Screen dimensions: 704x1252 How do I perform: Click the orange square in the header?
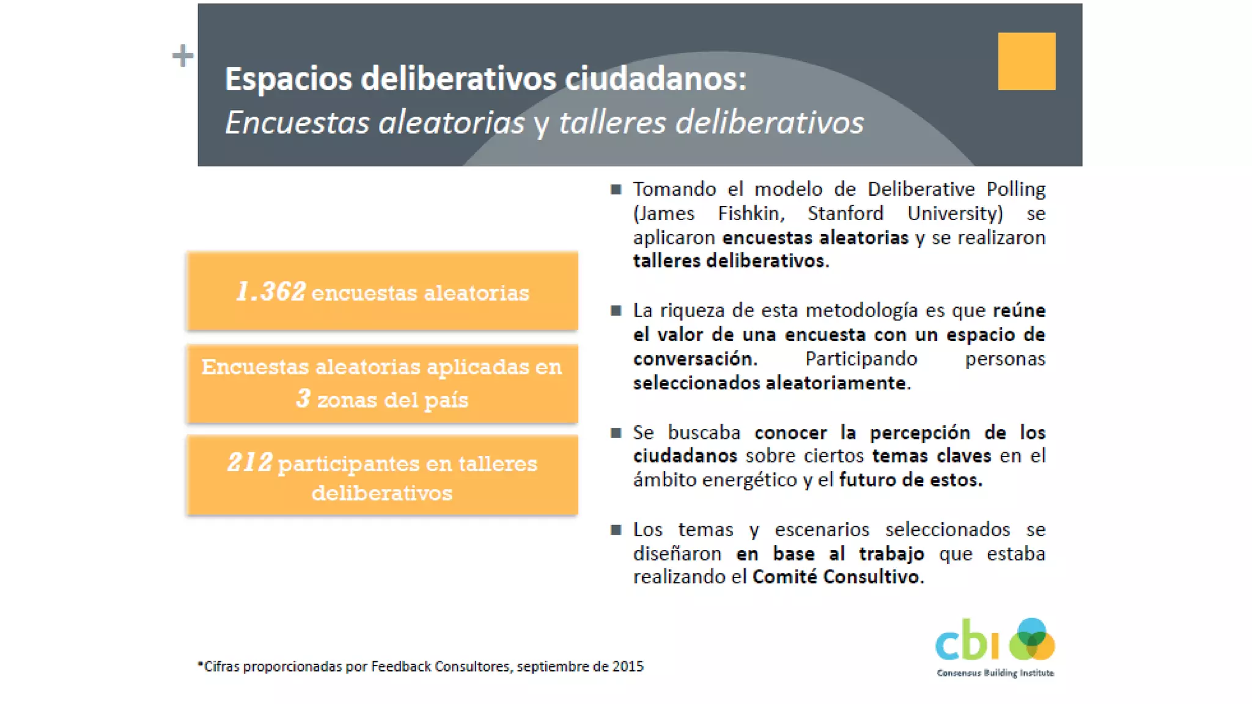[1026, 61]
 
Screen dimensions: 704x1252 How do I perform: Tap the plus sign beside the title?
[182, 56]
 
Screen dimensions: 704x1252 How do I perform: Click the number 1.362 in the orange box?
[271, 291]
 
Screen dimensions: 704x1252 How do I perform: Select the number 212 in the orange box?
[249, 463]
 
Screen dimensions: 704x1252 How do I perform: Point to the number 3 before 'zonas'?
[303, 398]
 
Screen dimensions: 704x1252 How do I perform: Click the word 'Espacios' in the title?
[288, 79]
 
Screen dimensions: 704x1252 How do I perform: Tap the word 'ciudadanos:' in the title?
[655, 79]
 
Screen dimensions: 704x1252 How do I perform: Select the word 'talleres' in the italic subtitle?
[612, 122]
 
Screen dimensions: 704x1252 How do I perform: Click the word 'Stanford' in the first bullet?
[845, 213]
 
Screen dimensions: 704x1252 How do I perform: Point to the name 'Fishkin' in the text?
[749, 213]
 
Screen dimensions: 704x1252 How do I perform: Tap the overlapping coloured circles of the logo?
[1032, 639]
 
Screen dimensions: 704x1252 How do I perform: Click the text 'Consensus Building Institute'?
[995, 673]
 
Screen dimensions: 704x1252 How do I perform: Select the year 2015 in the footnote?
[628, 666]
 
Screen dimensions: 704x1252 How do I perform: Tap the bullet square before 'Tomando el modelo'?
[616, 189]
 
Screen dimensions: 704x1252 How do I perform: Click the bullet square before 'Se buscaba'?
[616, 433]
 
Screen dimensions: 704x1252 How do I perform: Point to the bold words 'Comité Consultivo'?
[836, 576]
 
